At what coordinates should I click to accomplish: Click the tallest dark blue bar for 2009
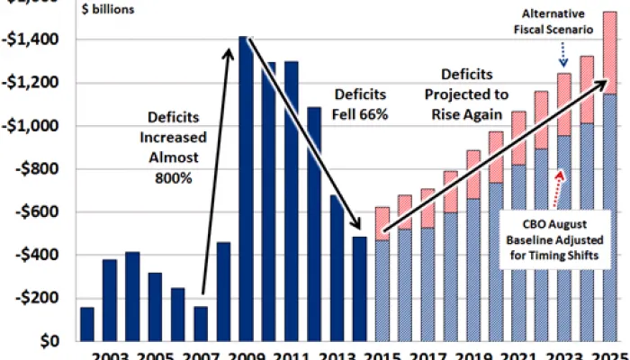244,189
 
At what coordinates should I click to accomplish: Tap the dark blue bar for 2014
359,288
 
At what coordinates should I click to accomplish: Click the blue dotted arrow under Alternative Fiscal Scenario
563,56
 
